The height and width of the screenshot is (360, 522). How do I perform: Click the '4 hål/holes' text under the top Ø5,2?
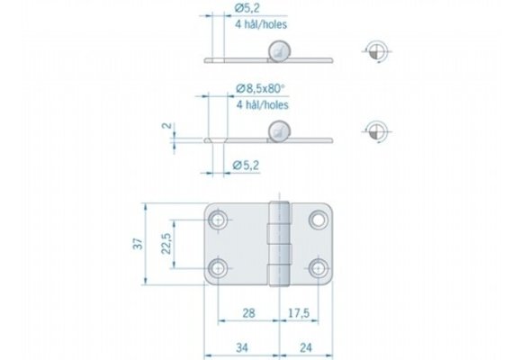click(261, 28)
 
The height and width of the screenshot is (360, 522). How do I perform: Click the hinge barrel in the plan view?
click(281, 243)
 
